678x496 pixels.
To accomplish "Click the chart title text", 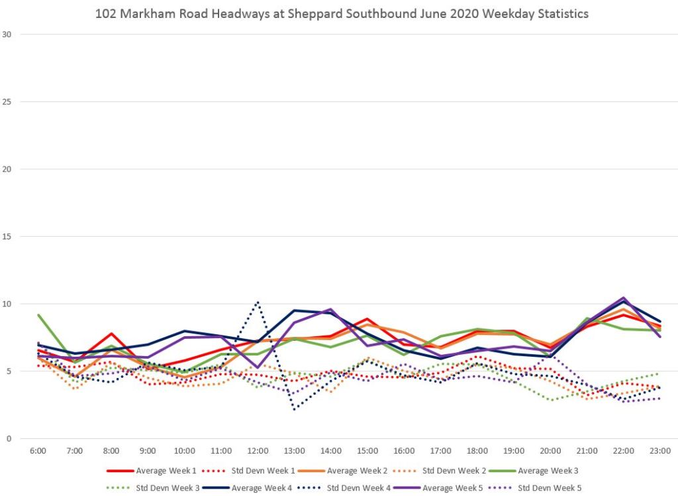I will (x=341, y=13).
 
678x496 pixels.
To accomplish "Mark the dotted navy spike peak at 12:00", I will (x=258, y=302).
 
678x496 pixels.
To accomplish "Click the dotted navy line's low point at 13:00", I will (x=294, y=410).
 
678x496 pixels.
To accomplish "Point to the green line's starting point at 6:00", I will (x=38, y=315).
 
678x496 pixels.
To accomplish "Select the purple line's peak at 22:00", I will (x=624, y=298).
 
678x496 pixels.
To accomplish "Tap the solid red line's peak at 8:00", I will (x=112, y=334).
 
